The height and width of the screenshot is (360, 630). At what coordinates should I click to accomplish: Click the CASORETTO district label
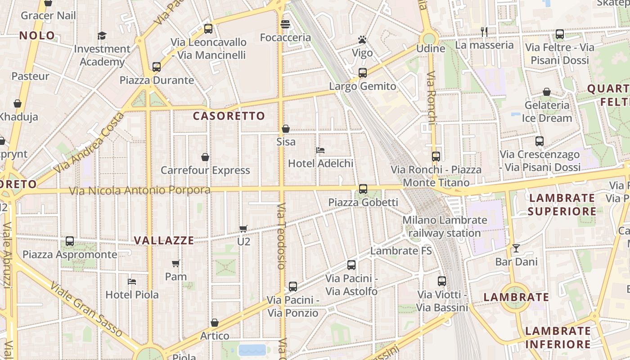(229, 116)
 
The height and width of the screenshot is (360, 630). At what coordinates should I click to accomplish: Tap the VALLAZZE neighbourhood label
(164, 240)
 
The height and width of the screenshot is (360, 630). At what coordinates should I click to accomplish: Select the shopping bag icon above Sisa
(285, 129)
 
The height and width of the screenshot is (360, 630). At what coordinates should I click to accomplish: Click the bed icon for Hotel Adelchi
(320, 150)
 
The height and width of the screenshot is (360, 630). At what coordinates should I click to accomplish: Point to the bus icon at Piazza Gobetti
(363, 189)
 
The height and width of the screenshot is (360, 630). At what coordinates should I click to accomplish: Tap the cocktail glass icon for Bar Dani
(516, 248)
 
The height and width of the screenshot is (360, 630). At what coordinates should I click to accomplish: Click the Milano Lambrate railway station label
(445, 227)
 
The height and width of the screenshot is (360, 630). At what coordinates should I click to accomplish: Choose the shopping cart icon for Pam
(175, 263)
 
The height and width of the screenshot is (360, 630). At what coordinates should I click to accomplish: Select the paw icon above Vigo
(362, 40)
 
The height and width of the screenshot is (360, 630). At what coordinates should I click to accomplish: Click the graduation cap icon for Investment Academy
(102, 36)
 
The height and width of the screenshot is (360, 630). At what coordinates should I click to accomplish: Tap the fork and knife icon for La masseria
(484, 31)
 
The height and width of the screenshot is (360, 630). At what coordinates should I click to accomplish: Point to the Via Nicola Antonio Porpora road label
(139, 190)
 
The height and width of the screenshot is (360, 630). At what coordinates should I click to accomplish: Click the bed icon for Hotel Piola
(132, 282)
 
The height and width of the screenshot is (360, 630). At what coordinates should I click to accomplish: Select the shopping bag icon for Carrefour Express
(205, 157)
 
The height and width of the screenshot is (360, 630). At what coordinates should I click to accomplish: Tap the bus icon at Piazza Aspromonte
(70, 241)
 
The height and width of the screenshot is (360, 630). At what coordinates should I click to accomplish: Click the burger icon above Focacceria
(285, 24)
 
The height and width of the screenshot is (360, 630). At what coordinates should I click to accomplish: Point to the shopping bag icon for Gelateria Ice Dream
(547, 92)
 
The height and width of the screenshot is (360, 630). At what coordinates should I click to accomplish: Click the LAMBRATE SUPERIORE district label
(562, 205)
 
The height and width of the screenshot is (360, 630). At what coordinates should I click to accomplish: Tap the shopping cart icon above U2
(243, 229)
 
